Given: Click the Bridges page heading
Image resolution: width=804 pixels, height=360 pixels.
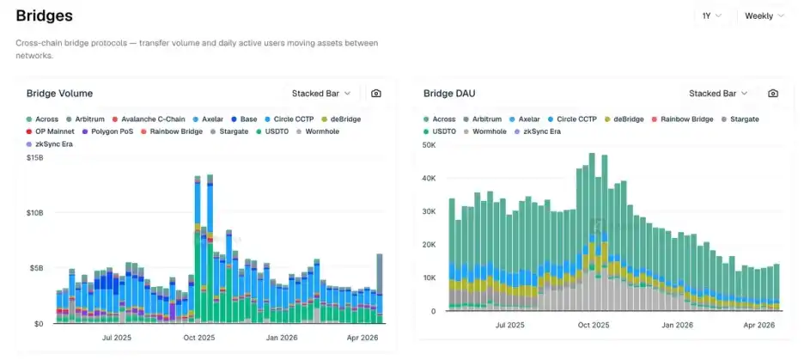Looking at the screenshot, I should [x=44, y=15].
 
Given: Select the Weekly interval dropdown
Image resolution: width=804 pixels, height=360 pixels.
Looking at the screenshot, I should [x=764, y=15].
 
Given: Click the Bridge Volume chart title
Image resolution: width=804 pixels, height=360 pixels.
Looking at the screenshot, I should [x=59, y=93].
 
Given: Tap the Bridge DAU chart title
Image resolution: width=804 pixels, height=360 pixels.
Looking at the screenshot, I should [x=449, y=93].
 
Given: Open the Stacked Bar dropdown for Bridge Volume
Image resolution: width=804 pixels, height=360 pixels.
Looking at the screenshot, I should [x=321, y=93].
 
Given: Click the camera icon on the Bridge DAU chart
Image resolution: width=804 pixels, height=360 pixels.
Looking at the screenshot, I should [x=773, y=93].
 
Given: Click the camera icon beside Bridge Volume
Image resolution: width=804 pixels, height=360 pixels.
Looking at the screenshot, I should [x=376, y=93].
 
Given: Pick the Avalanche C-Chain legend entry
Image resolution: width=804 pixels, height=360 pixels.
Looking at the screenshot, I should [x=153, y=119].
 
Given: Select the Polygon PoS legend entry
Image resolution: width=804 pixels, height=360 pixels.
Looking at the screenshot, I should [x=111, y=131].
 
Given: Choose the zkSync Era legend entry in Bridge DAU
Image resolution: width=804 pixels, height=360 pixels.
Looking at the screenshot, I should [x=541, y=131].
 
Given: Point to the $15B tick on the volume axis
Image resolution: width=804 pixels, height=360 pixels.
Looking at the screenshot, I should [x=35, y=157].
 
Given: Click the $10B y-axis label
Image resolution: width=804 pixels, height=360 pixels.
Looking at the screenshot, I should [x=35, y=212].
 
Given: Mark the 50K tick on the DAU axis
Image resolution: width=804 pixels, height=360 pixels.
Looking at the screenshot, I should [x=428, y=146].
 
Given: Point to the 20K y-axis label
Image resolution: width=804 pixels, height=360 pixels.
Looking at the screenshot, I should [x=428, y=245].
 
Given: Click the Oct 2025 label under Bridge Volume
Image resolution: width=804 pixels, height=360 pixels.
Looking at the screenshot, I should [x=199, y=339].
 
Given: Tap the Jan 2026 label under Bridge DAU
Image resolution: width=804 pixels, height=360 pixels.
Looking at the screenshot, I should [x=678, y=326].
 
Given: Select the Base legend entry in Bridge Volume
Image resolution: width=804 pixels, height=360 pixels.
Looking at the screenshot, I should [x=248, y=119].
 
